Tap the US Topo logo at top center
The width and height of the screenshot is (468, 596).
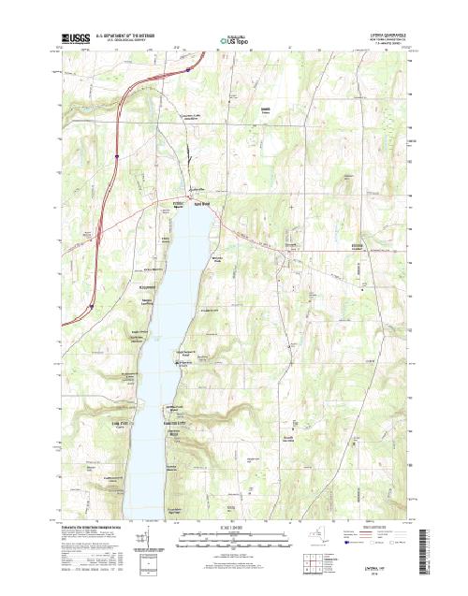click(234, 40)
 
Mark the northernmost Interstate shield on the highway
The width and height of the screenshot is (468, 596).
click(189, 67)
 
